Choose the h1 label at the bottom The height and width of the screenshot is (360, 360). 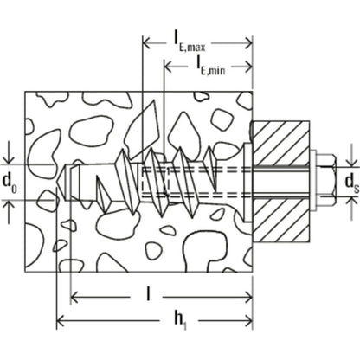pyautogui.click(x=178, y=319)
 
